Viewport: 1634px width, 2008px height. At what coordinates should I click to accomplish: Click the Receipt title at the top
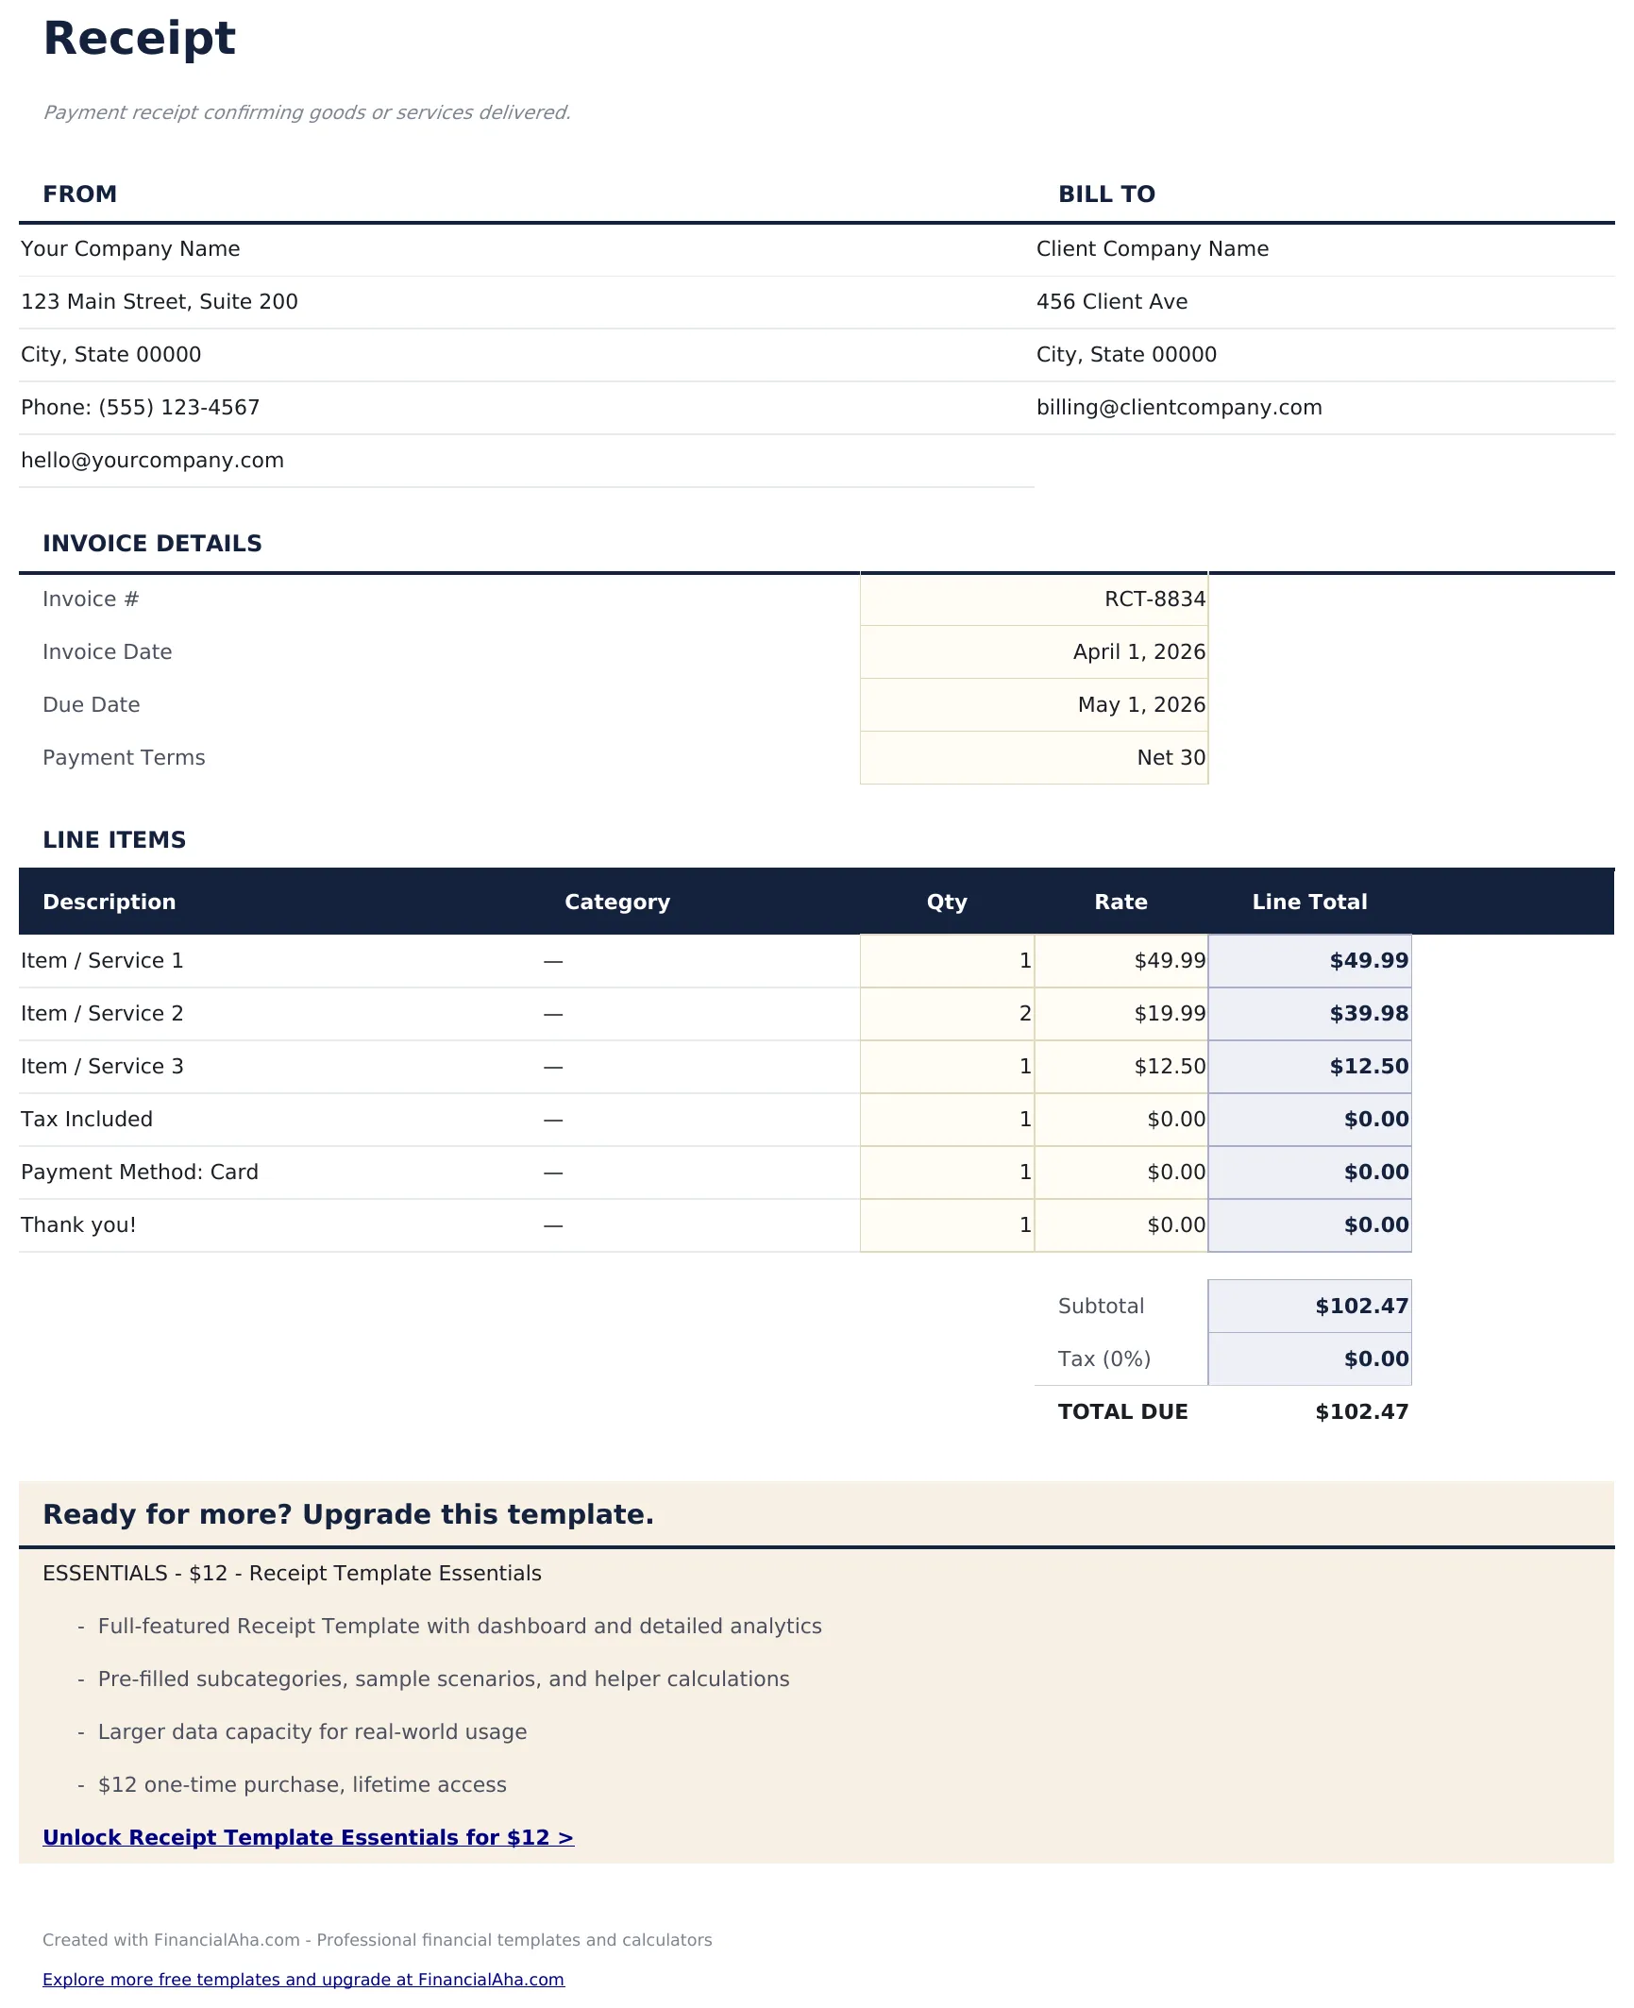click(139, 39)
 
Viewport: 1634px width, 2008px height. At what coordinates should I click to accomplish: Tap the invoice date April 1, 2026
click(1138, 652)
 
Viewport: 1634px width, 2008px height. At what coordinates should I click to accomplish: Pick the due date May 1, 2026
click(1140, 705)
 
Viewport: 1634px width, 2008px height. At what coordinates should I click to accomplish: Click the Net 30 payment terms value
click(1171, 758)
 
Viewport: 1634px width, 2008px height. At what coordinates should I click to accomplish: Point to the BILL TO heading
click(1106, 194)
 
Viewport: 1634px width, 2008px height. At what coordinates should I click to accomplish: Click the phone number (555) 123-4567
click(178, 408)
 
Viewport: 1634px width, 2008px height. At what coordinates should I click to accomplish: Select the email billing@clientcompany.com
click(1178, 408)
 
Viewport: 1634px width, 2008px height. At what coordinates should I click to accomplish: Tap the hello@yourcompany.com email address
click(152, 461)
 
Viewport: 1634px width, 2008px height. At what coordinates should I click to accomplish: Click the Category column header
click(616, 903)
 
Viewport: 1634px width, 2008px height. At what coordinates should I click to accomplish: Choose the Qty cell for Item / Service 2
click(947, 1014)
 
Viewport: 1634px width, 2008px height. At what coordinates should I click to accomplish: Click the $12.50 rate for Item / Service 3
click(1169, 1067)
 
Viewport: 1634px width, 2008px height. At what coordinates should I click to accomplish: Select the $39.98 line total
click(1368, 1014)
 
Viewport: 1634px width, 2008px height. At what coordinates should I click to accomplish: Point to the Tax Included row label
click(87, 1120)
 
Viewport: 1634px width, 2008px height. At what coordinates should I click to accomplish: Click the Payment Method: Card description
click(140, 1173)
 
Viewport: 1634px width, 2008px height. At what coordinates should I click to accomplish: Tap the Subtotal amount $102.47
click(1360, 1307)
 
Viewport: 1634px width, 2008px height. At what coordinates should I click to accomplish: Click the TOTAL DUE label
click(1122, 1412)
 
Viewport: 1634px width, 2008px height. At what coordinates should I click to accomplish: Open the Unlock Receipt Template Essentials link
click(308, 1838)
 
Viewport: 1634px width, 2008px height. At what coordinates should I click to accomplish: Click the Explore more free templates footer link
click(303, 1980)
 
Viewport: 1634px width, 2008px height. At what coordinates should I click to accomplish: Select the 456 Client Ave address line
click(1111, 302)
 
